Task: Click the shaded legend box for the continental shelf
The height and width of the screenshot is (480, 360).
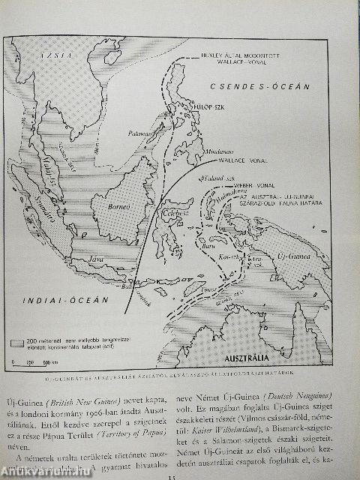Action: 24,342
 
